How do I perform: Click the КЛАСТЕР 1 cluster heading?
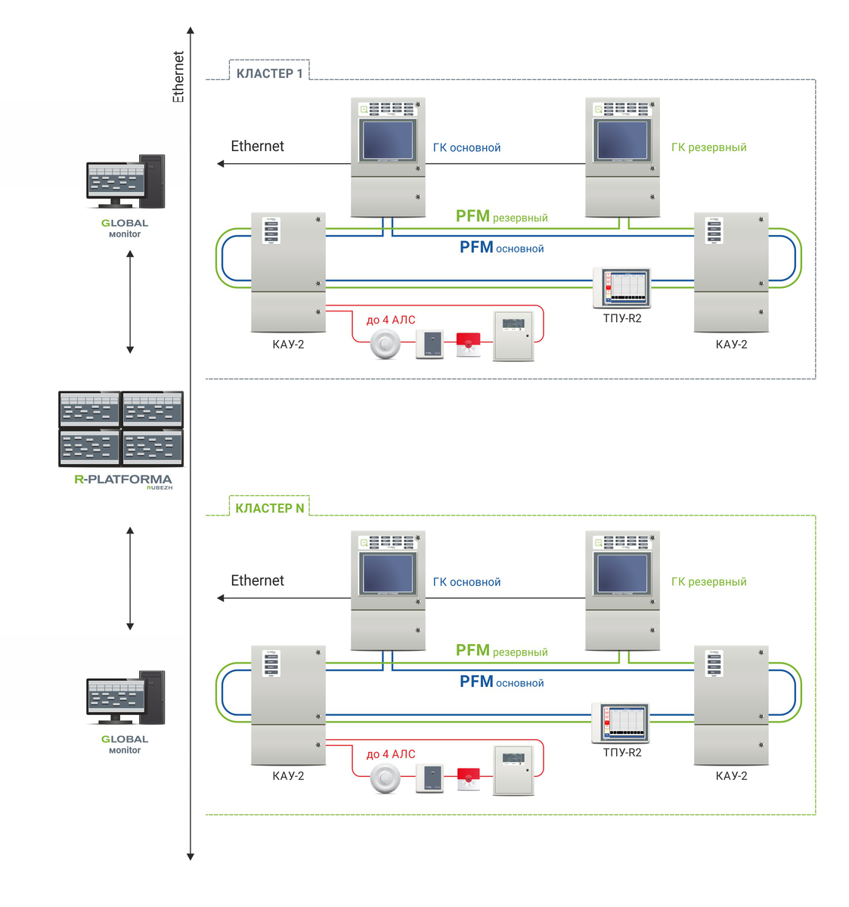(x=269, y=73)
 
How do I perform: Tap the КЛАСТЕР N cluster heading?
(x=269, y=508)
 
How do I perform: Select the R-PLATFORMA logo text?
(x=123, y=479)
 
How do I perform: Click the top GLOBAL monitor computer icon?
(x=125, y=181)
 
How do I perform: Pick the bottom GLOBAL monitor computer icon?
(x=125, y=698)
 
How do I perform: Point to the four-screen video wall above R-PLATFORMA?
(x=121, y=429)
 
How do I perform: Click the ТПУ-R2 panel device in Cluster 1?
(x=621, y=287)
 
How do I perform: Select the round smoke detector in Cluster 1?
(x=385, y=345)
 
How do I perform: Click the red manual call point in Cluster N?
(x=469, y=778)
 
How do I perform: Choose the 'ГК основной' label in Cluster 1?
(x=466, y=148)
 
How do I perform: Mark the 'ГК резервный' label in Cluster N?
(x=708, y=582)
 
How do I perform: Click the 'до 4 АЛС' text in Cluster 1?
(x=391, y=320)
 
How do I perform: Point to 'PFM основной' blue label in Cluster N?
(x=501, y=682)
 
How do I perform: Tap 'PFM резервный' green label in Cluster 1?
(x=501, y=217)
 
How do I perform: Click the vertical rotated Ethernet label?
(x=178, y=76)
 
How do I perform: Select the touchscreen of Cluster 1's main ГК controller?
(x=388, y=141)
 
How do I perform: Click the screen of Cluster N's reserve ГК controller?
(x=622, y=574)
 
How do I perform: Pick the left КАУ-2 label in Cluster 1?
(x=288, y=345)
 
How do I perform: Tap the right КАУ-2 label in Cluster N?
(x=731, y=776)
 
